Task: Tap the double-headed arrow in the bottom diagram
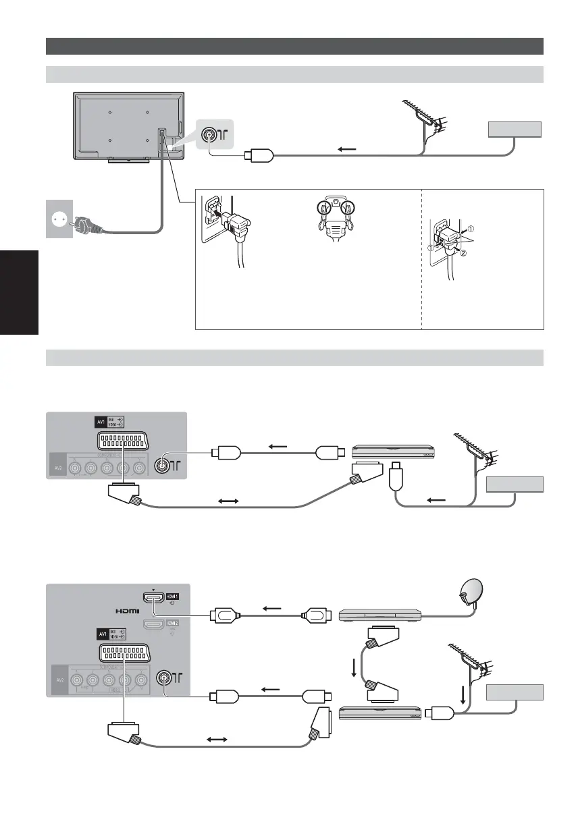215,740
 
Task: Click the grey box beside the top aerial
515,129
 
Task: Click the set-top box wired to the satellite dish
379,614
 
